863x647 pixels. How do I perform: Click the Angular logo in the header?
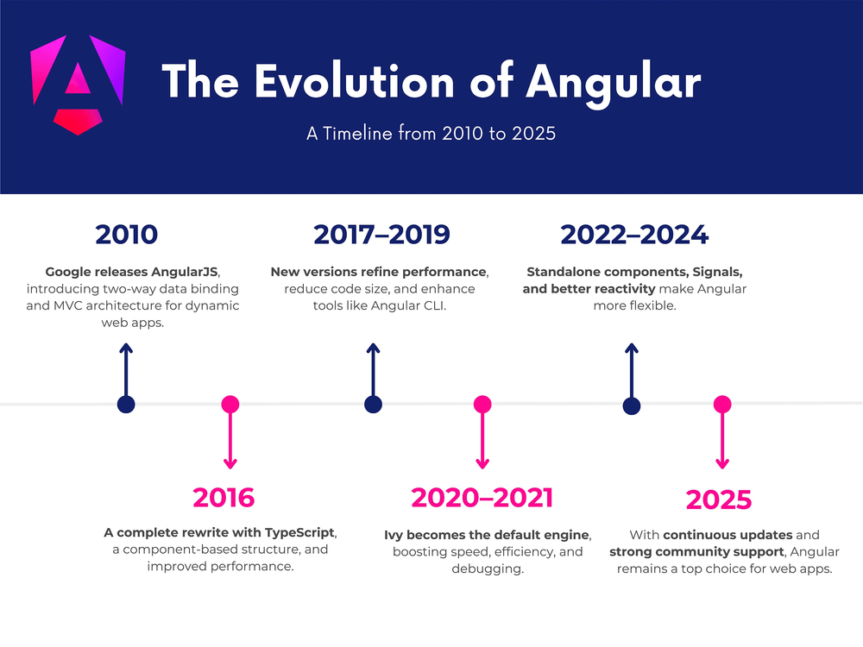point(78,85)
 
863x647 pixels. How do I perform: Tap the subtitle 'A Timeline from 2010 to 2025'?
point(431,134)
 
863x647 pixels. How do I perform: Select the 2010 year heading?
point(127,235)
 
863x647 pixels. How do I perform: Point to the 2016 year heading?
point(224,498)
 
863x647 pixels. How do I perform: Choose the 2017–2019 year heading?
point(381,235)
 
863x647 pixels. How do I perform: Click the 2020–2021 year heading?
point(482,498)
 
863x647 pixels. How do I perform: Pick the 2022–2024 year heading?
point(634,235)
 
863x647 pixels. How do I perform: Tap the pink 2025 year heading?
point(719,499)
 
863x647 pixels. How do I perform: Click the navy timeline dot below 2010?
point(127,405)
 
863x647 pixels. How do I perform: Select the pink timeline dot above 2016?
point(230,404)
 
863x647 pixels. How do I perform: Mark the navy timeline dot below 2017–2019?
point(373,405)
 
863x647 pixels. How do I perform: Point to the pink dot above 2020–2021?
point(482,404)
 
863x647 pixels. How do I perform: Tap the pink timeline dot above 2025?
point(722,404)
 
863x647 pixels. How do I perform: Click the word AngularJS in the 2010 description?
point(182,272)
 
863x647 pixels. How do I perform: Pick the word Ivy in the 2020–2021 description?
point(394,535)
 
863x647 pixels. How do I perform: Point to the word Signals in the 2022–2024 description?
point(715,272)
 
